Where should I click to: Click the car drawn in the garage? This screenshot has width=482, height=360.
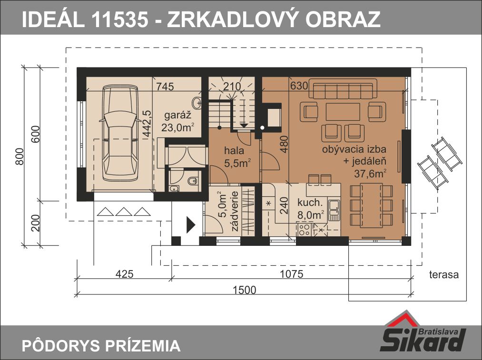coord(119,133)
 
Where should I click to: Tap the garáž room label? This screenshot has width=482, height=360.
coord(177,116)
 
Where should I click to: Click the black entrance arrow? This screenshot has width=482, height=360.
coord(191,225)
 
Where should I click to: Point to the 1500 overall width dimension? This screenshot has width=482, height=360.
coord(245,290)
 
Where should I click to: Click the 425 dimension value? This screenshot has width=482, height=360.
coord(125,274)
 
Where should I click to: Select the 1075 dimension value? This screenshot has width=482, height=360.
coord(291,274)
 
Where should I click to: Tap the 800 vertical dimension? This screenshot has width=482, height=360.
coord(20,156)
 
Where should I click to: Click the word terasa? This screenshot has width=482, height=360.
coord(444,274)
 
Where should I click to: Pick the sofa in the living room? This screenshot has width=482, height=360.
coord(343,88)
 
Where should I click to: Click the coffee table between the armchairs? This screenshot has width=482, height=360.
coord(343,111)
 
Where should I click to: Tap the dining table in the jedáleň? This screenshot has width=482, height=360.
coord(371,205)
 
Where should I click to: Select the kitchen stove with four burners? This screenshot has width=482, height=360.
coord(305,229)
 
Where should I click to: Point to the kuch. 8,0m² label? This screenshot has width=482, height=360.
coord(311,209)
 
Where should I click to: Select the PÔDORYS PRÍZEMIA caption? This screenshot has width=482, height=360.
coord(101,345)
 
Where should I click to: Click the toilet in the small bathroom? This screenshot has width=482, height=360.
coord(193,181)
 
